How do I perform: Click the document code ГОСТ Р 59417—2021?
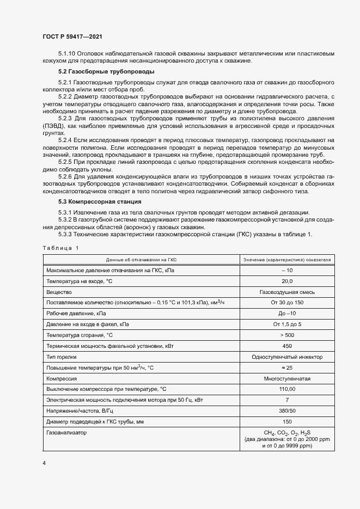(x=72, y=36)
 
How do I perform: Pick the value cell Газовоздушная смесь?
(x=287, y=292)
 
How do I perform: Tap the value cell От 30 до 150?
(x=287, y=303)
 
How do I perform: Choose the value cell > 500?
(x=287, y=335)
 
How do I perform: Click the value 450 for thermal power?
(x=287, y=346)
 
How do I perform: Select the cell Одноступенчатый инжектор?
(x=287, y=357)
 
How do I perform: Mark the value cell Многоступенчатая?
(x=287, y=378)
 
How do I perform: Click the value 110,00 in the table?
(x=287, y=389)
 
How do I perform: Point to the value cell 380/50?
(x=287, y=410)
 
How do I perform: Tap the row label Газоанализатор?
(x=67, y=432)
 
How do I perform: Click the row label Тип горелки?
(x=62, y=357)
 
